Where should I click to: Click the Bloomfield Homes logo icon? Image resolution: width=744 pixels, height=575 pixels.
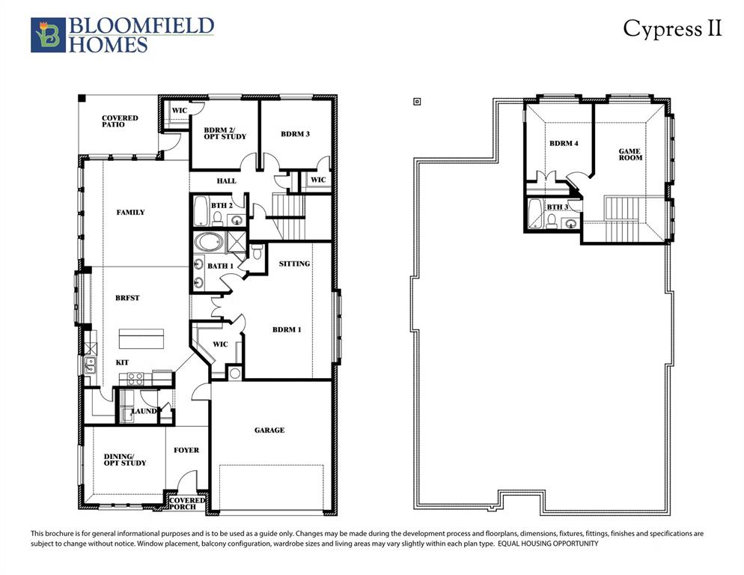[48, 35]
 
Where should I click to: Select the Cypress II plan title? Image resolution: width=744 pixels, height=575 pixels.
[672, 28]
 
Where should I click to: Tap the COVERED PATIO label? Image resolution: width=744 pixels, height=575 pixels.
[120, 121]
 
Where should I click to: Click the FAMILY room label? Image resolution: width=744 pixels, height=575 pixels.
[131, 212]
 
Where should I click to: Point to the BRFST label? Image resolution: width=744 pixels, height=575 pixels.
[128, 298]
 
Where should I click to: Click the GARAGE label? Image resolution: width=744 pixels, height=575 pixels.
[269, 431]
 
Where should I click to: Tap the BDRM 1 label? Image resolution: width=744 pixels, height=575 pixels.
[287, 329]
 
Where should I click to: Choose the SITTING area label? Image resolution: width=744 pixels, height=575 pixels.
[293, 264]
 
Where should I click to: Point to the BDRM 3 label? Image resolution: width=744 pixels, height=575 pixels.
[295, 134]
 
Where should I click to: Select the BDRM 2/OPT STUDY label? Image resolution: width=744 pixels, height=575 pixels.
[225, 133]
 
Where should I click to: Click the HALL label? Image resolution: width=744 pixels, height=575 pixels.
[226, 181]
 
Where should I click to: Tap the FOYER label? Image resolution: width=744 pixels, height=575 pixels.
[186, 450]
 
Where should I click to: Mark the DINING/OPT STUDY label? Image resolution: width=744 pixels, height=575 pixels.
[125, 459]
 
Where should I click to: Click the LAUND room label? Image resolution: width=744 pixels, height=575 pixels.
[144, 411]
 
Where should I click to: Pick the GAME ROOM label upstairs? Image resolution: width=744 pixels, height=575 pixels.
[629, 154]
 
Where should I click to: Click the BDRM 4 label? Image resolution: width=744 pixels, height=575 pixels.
[564, 143]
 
